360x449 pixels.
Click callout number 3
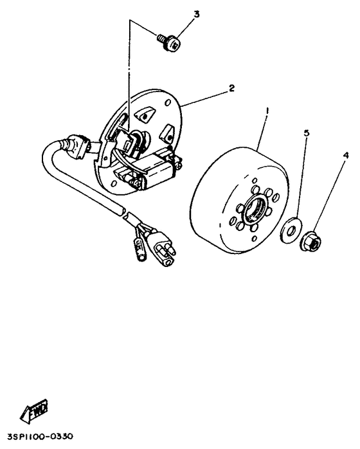point(197,15)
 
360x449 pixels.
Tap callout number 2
point(231,88)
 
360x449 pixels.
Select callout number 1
point(267,111)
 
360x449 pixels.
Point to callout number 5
point(307,133)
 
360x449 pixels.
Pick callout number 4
point(346,156)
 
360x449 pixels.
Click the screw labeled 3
point(169,42)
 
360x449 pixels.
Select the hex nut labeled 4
point(310,242)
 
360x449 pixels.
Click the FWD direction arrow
point(34,410)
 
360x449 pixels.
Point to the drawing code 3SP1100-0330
point(40,436)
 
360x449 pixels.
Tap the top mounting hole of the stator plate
point(168,102)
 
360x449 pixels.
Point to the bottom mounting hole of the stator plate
point(114,183)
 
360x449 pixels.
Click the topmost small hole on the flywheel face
point(254,180)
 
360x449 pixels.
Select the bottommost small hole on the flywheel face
point(254,239)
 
